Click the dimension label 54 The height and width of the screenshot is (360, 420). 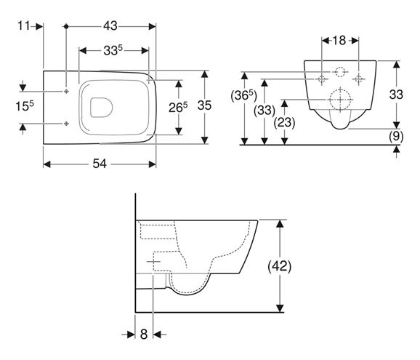(100, 164)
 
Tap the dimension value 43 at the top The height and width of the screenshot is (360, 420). (110, 26)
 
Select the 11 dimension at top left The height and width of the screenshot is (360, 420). (23, 26)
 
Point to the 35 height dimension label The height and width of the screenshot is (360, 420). (204, 105)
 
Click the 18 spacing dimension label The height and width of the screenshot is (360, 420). (339, 41)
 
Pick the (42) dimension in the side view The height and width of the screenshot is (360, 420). (279, 266)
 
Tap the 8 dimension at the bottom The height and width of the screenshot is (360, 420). (144, 335)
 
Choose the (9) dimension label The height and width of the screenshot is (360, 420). (396, 137)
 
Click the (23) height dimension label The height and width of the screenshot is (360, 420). (284, 122)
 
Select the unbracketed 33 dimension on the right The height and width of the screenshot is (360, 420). (396, 95)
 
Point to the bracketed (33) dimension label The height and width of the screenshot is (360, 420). (264, 110)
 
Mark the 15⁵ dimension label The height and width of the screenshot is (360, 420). (25, 106)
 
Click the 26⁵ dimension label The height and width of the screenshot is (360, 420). (178, 107)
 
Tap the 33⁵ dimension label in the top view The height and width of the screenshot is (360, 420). (113, 50)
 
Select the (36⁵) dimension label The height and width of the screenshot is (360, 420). (243, 95)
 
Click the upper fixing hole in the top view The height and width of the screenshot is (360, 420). (66, 92)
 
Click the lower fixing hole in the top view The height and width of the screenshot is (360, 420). (66, 124)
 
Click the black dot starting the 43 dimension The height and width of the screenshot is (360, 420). (66, 26)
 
